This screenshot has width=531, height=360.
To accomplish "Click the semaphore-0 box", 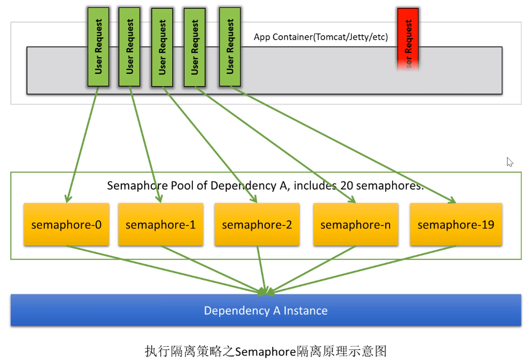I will [66, 225].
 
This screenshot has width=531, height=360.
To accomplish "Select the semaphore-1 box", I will [161, 225].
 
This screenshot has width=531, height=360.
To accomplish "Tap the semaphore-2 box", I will [257, 225].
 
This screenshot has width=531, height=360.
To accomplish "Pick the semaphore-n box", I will [355, 225].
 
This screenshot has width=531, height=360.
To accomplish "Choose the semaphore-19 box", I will [456, 225].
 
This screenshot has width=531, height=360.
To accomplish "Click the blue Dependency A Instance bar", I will [266, 310].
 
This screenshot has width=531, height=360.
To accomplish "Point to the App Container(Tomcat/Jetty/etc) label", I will [321, 37].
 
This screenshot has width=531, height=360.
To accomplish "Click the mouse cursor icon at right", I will [509, 162].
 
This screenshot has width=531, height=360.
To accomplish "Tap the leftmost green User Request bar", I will [98, 47].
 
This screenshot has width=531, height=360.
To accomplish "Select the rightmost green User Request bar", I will [230, 47].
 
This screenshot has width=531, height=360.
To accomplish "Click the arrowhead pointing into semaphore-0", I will [68, 199].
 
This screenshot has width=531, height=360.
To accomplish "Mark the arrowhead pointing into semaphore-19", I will [452, 200].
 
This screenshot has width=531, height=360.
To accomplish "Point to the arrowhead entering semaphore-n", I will [351, 200].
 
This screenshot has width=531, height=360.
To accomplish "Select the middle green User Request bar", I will [162, 47].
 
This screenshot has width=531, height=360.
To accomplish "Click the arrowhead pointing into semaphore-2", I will [253, 199].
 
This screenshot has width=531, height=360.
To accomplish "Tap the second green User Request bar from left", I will [130, 47].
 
